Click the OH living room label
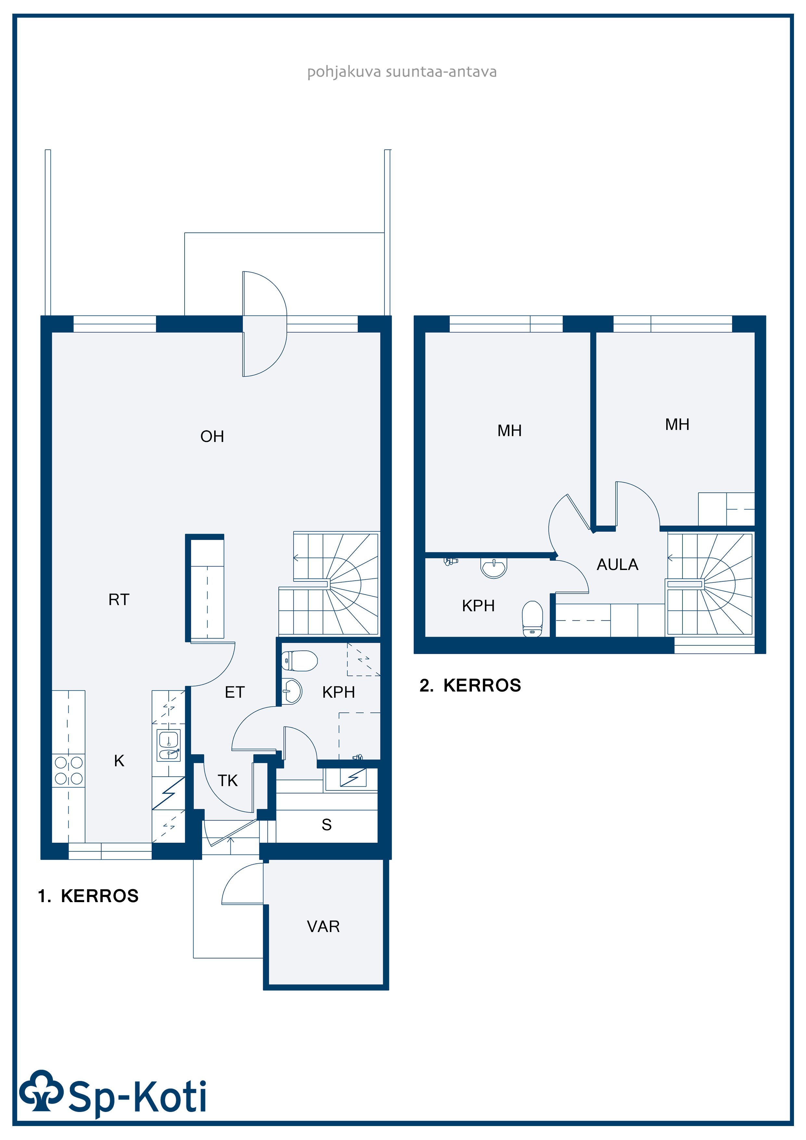coord(212,436)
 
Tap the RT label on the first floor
coord(119,600)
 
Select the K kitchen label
coord(119,761)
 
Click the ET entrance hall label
coord(234,692)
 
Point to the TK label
coord(227,781)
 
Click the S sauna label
coord(326,825)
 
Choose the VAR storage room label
coord(323,926)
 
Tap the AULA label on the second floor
coord(617,564)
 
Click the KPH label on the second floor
coord(478,606)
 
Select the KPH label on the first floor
coord(339,692)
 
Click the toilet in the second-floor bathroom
coord(532,619)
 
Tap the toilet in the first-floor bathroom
coord(299,661)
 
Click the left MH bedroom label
coord(510,431)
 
